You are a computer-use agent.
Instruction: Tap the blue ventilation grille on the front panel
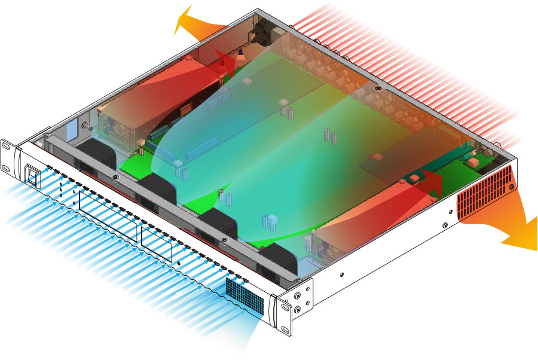[x=244, y=296]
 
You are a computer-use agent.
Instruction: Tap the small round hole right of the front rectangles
[x=179, y=264]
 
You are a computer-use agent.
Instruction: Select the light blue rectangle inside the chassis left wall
[x=69, y=130]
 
